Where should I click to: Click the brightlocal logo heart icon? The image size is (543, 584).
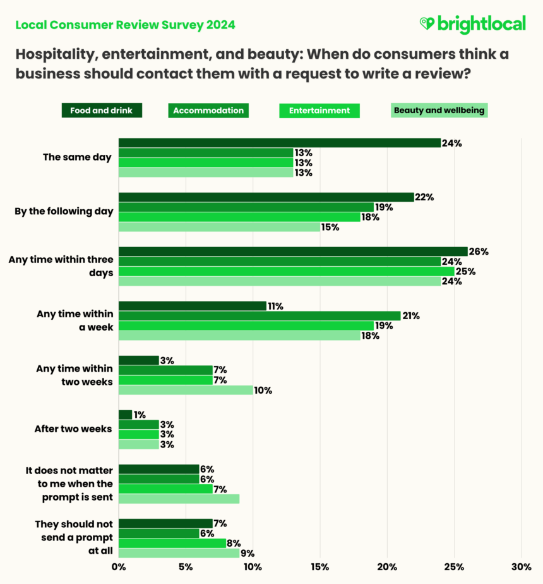[427, 23]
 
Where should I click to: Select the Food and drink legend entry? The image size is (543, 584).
[102, 111]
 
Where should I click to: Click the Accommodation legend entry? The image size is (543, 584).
[208, 111]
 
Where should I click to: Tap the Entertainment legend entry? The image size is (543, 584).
[319, 111]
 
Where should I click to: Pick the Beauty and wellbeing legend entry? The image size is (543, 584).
[439, 111]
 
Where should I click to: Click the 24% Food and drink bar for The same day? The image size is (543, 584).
[279, 143]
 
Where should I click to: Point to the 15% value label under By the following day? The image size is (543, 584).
[330, 228]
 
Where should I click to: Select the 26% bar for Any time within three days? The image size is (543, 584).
[293, 252]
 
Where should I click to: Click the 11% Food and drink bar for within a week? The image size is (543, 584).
[193, 306]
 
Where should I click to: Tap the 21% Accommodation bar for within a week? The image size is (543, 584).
[260, 316]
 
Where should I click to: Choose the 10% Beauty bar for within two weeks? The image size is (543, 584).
[186, 391]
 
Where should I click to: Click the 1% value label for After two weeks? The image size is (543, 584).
[140, 415]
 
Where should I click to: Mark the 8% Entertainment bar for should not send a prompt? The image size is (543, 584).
[172, 544]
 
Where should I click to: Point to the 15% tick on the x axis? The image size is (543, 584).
[320, 567]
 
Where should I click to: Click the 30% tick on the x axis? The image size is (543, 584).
[521, 567]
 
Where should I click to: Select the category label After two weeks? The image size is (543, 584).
[73, 429]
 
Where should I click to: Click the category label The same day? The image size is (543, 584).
[77, 157]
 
